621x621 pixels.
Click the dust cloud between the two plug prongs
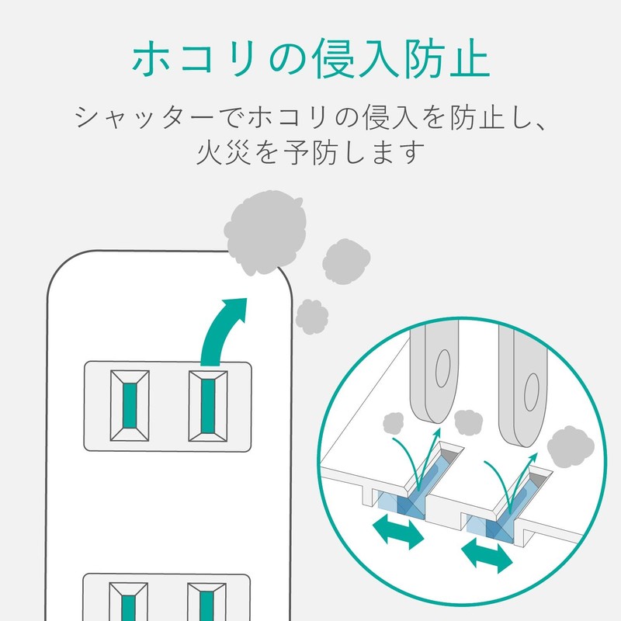pos(467,422)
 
